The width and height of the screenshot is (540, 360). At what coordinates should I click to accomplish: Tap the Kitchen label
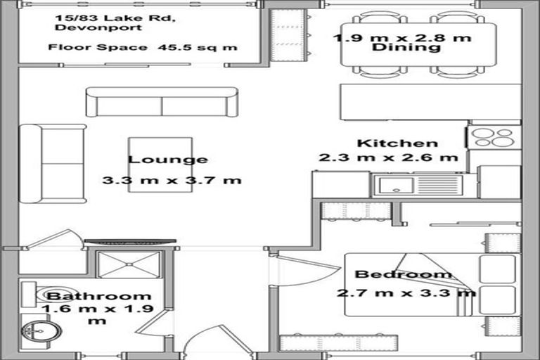(397, 143)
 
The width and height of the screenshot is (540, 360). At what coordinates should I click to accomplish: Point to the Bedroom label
(403, 274)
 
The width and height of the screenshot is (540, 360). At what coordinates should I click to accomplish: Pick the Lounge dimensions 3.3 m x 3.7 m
(172, 180)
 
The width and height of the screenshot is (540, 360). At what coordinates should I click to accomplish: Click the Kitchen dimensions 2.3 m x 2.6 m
(388, 157)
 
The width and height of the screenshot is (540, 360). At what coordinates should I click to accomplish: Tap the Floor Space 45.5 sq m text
(143, 48)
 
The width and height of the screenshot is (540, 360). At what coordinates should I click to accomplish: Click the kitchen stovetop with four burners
(494, 136)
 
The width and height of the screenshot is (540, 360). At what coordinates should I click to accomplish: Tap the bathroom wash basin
(41, 330)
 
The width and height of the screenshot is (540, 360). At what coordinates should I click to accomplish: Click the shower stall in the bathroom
(129, 264)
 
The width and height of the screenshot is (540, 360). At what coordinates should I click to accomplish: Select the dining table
(418, 45)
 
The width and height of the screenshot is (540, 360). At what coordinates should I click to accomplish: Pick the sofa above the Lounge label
(162, 103)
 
